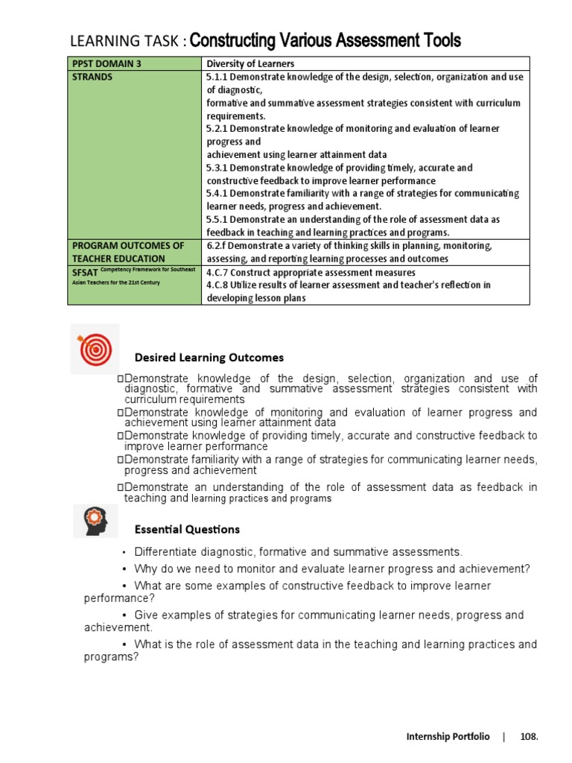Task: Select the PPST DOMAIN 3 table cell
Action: click(x=105, y=63)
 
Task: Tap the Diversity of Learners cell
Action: click(x=250, y=63)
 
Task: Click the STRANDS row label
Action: click(x=93, y=77)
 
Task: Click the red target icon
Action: click(x=95, y=349)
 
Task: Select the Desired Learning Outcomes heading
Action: click(x=209, y=358)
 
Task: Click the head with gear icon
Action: click(x=95, y=520)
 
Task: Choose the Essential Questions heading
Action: click(x=187, y=529)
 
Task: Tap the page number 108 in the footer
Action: click(x=528, y=737)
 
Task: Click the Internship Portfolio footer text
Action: click(x=448, y=737)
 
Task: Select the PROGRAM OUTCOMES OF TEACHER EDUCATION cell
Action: click(x=127, y=252)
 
